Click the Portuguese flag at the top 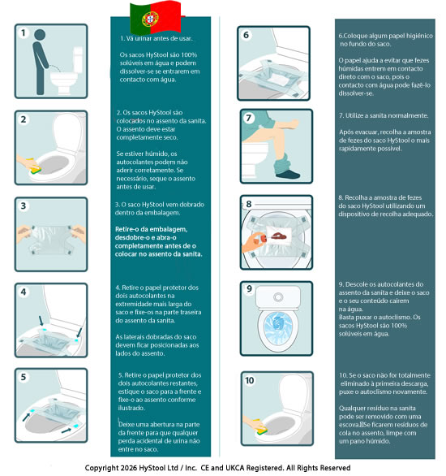tap(156, 17)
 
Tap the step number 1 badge tap(23, 32)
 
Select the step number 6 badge tap(246, 35)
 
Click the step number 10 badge tap(250, 380)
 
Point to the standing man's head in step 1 tap(40, 34)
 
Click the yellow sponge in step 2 tap(34, 167)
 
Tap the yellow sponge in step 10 tap(261, 426)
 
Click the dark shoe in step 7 tap(288, 174)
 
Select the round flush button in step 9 tap(278, 297)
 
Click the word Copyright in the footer tap(101, 468)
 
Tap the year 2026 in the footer tap(129, 468)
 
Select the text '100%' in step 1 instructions tap(189, 55)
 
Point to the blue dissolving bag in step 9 tap(277, 326)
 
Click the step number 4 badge tap(23, 292)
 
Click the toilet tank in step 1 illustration tap(78, 59)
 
